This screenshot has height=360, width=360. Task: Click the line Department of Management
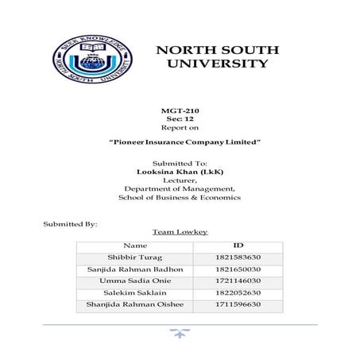[x=179, y=188]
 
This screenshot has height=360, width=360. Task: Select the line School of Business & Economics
[x=179, y=196]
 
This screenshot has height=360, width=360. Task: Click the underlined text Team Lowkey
[x=179, y=232]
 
